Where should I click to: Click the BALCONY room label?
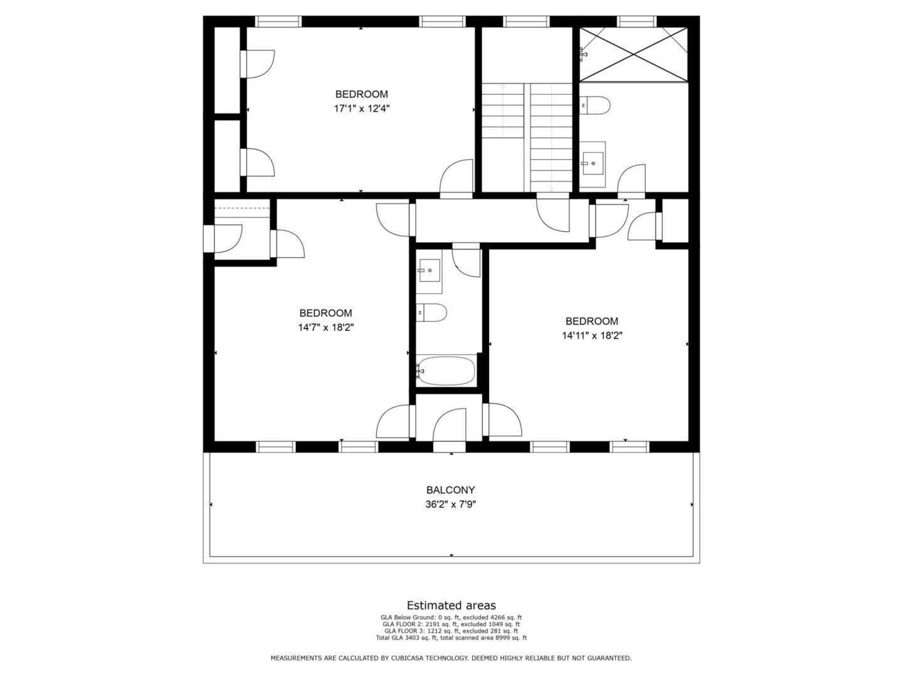point(450,490)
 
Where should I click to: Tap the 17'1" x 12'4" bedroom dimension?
point(361,109)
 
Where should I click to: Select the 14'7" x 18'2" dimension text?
point(326,328)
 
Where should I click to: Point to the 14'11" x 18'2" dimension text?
point(592,336)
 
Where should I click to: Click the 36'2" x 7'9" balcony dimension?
point(450,505)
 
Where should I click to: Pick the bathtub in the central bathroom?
point(445,370)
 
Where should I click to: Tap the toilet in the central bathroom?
point(431,313)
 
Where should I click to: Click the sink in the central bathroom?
point(429,270)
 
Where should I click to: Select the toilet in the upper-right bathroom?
point(594,105)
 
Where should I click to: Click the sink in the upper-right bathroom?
point(592,163)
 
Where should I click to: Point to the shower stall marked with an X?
point(633,55)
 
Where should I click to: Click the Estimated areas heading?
point(451,605)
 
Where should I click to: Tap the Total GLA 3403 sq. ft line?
point(451,638)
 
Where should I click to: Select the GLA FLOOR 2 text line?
point(451,624)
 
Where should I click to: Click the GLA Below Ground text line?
point(451,617)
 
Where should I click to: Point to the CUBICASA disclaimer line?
point(451,658)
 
